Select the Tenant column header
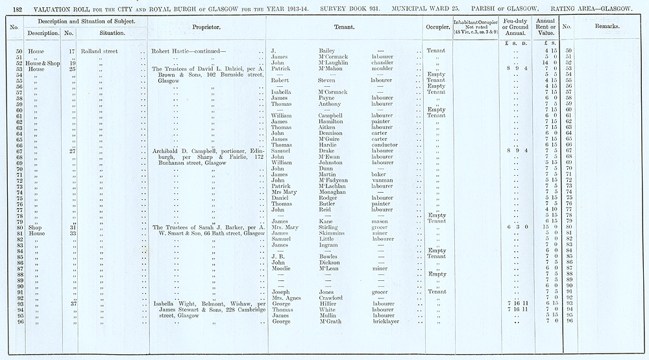tap(343, 29)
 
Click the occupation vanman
tap(382, 180)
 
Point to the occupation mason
tap(380, 222)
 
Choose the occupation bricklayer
tap(386, 321)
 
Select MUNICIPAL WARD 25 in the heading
tap(421, 9)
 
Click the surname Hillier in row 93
tap(328, 304)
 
